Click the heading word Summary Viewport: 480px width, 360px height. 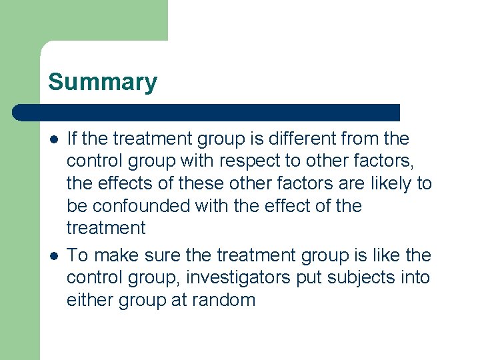click(103, 82)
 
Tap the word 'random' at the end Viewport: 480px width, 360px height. click(223, 301)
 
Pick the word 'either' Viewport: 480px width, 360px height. click(90, 301)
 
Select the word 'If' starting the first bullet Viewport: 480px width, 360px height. click(74, 139)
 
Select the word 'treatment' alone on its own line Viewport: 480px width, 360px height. click(106, 229)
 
